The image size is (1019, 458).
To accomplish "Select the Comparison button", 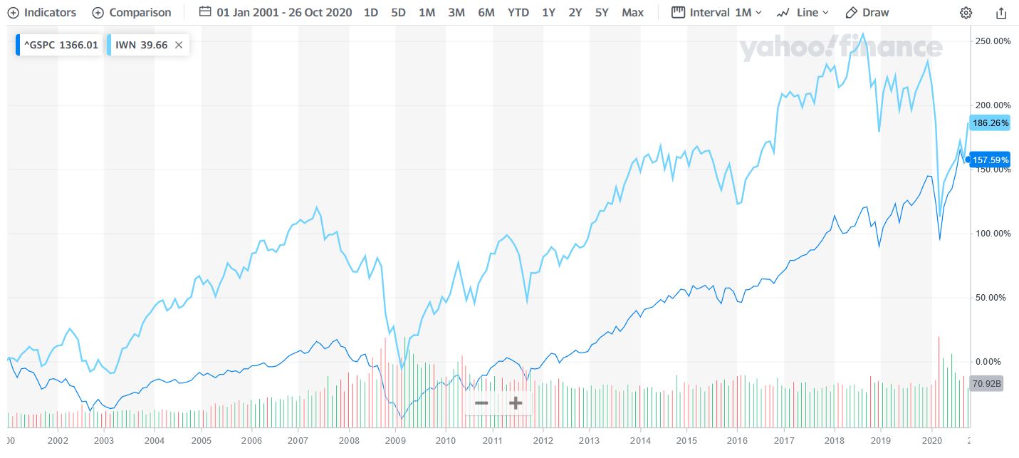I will pyautogui.click(x=132, y=12).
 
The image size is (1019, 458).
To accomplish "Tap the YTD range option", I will pyautogui.click(x=518, y=12).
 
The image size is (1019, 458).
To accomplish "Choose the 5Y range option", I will pyautogui.click(x=602, y=12).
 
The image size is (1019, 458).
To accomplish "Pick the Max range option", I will pyautogui.click(x=632, y=12).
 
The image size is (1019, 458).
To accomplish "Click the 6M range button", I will pyautogui.click(x=486, y=12).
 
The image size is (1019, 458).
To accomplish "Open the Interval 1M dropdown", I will pyautogui.click(x=716, y=12).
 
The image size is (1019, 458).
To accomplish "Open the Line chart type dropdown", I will pyautogui.click(x=803, y=12).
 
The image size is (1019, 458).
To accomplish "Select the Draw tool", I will pyautogui.click(x=867, y=12).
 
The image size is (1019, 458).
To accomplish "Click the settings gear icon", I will pyautogui.click(x=966, y=12).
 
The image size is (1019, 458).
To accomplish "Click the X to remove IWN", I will pyautogui.click(x=179, y=45).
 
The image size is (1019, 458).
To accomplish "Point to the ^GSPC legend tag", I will pyautogui.click(x=59, y=45).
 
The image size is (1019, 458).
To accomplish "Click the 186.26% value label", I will pyautogui.click(x=990, y=123).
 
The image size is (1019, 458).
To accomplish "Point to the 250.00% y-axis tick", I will pyautogui.click(x=992, y=41).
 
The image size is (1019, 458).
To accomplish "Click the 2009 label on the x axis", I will pyautogui.click(x=397, y=441).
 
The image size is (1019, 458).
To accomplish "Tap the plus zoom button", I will pyautogui.click(x=516, y=403).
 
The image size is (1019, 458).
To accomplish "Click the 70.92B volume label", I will pyautogui.click(x=986, y=383).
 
